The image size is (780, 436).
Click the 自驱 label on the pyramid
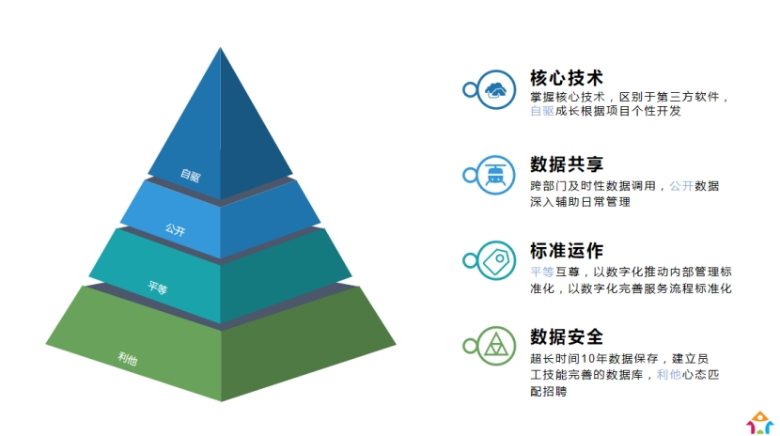(x=191, y=175)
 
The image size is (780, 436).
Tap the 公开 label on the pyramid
(x=175, y=229)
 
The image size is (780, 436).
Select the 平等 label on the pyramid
(x=158, y=287)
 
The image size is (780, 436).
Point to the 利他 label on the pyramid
(x=128, y=358)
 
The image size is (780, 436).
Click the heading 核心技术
(x=567, y=78)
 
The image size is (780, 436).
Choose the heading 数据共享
(x=567, y=164)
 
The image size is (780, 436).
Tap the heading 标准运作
(x=567, y=251)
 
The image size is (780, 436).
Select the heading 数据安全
(x=567, y=336)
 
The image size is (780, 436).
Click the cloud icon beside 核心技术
(x=495, y=90)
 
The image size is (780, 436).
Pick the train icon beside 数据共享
(x=495, y=175)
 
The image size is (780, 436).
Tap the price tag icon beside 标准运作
(x=496, y=261)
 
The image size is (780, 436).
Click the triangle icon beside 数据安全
(x=496, y=345)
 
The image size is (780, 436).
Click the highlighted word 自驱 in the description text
(x=542, y=111)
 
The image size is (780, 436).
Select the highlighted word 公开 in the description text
(x=681, y=186)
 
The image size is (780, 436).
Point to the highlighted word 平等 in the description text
(x=542, y=272)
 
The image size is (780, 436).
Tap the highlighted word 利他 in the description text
(x=668, y=375)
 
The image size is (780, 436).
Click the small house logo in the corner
(x=759, y=423)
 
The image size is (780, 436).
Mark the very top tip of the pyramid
(x=220, y=48)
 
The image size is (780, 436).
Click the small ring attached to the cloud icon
(x=470, y=90)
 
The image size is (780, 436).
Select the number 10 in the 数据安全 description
(x=587, y=358)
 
